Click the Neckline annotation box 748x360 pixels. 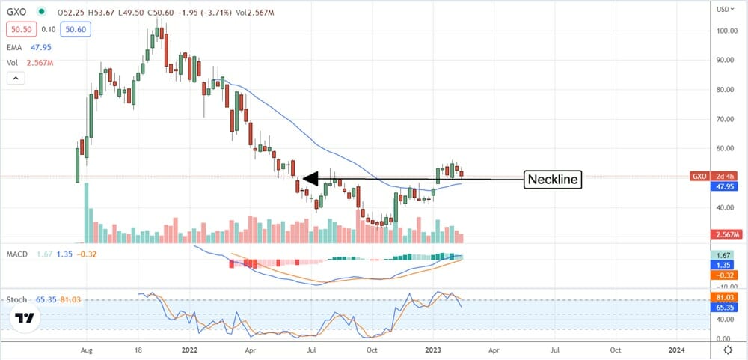[x=552, y=179]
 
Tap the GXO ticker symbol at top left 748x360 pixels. [x=19, y=13]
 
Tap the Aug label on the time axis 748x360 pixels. [x=86, y=349]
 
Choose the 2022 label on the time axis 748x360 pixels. [x=189, y=349]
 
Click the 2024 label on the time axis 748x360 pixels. [x=675, y=349]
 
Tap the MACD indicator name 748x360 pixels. [x=19, y=254]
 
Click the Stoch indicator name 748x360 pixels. [x=18, y=299]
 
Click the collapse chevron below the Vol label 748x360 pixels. [x=14, y=77]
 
